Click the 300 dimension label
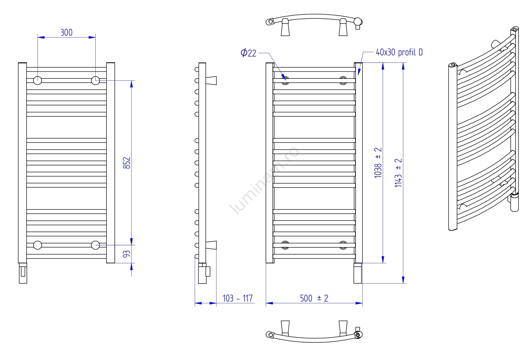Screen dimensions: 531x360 click(x=66, y=33)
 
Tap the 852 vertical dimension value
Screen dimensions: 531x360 click(x=127, y=163)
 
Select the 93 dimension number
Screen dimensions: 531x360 click(x=127, y=254)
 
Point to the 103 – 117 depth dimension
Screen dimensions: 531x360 click(x=238, y=298)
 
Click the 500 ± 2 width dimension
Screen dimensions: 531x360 click(x=314, y=298)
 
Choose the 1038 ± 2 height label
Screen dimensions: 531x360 click(x=378, y=163)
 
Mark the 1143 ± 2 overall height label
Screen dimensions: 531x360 click(x=399, y=173)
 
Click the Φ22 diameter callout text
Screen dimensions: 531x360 click(x=249, y=53)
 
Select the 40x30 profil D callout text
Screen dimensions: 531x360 click(x=399, y=52)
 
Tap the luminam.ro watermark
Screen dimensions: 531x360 click(x=264, y=181)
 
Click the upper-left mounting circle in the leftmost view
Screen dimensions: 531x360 click(x=38, y=80)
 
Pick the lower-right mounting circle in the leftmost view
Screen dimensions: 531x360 click(x=95, y=245)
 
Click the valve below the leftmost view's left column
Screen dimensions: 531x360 click(x=23, y=273)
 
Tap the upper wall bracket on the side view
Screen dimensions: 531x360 click(x=211, y=80)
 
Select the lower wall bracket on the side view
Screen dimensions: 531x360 click(x=211, y=245)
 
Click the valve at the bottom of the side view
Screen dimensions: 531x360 click(x=204, y=273)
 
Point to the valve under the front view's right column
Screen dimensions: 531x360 click(x=358, y=273)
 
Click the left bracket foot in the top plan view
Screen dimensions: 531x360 click(x=285, y=27)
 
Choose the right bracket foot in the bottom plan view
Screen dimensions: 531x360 click(x=343, y=328)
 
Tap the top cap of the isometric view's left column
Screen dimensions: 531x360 click(x=453, y=64)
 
